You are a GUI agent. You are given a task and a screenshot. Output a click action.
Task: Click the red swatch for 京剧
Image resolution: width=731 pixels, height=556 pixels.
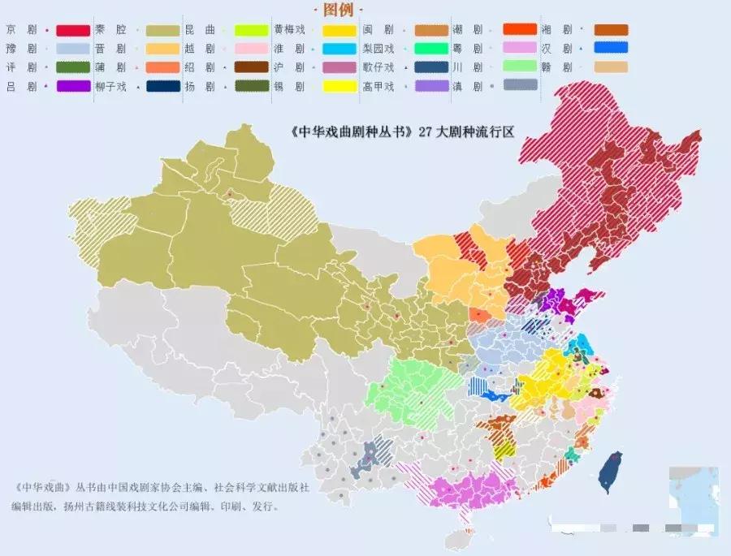[72, 31]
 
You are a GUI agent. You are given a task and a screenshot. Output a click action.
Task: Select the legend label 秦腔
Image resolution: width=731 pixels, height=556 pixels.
[110, 30]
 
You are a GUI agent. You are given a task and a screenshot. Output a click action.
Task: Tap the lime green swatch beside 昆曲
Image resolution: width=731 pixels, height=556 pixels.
[252, 31]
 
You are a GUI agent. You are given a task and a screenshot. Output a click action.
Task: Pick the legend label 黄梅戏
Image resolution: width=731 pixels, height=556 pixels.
[289, 30]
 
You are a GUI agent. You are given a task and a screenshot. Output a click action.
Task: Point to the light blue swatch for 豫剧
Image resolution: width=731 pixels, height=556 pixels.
[72, 49]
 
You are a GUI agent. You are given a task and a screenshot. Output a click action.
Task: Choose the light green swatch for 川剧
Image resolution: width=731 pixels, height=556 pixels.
[520, 67]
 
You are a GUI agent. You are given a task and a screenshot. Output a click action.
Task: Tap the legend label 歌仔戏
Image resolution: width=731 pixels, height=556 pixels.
[378, 67]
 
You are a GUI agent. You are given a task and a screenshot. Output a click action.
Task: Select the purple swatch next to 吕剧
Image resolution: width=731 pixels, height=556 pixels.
[72, 86]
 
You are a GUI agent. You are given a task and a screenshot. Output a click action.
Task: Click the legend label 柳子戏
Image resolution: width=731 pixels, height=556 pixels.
[110, 86]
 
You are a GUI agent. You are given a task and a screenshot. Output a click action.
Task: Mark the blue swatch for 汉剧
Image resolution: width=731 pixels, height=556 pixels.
[611, 49]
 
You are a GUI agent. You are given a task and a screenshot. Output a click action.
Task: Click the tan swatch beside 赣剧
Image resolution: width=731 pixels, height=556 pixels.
[611, 67]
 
